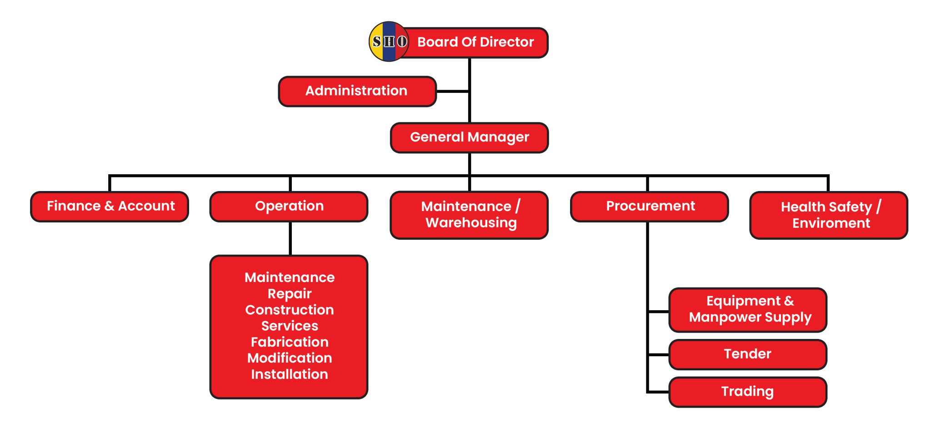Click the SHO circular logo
coord(389,41)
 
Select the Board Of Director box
coord(476,42)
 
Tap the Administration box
coord(357,91)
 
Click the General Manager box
coord(469,137)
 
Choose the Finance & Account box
coord(110,206)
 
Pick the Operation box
coord(289,206)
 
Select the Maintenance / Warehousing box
coord(469,215)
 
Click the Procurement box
coord(650,206)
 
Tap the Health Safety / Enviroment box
coord(829,215)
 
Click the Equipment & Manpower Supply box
coord(748,309)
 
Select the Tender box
coord(748,354)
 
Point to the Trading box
coord(748,391)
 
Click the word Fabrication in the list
coord(290,342)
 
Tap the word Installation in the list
coord(290,374)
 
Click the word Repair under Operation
coord(290,293)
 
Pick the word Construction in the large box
coord(290,310)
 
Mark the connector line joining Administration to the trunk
coord(452,91)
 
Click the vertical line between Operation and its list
coord(290,238)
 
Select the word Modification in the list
coord(290,358)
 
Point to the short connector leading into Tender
coord(658,354)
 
